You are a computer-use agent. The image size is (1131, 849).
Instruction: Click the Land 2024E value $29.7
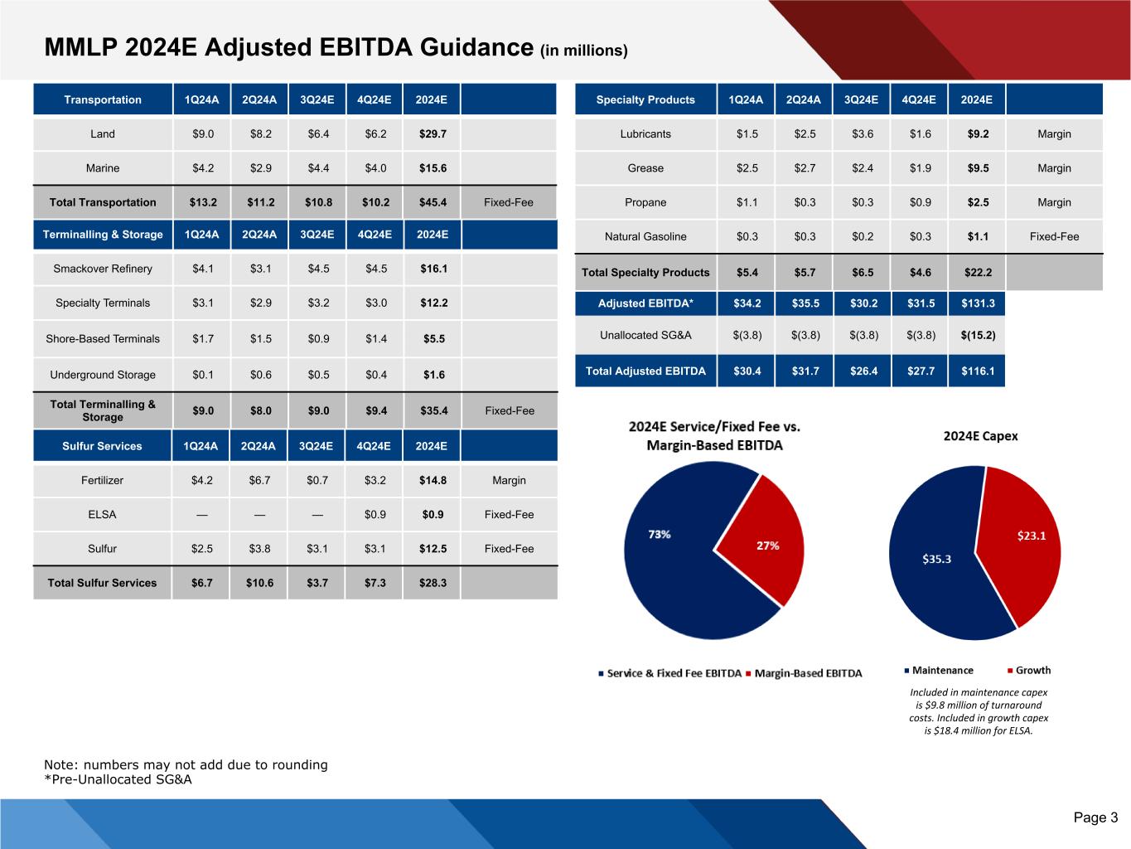coord(433,133)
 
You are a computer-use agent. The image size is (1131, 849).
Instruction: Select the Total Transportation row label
coord(103,202)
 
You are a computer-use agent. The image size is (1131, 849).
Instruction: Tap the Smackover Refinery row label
coord(103,269)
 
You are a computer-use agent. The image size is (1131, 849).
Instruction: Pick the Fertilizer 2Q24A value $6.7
coord(260,480)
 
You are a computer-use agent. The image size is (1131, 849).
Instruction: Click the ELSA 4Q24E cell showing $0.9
coord(375,514)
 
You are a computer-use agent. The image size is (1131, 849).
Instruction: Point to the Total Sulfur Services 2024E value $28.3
coord(433,583)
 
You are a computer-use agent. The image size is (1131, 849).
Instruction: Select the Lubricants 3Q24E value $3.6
coord(863,133)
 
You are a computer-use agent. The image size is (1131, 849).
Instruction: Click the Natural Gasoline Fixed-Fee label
coord(1054,236)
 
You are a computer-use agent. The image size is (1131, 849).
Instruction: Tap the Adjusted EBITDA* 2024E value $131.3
coord(978,303)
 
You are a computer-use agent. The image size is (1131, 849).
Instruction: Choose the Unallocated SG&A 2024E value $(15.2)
coord(978,336)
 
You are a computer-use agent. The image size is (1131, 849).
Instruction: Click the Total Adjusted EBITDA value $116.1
coord(978,371)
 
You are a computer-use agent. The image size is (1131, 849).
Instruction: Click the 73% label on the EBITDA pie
coord(660,535)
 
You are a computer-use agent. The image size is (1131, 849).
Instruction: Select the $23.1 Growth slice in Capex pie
coord(1027,539)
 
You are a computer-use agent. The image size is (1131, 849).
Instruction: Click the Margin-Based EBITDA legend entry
coord(807,673)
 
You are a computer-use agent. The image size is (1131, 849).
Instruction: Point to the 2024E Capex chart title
coord(980,436)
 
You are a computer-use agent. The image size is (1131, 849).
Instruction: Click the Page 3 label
coord(1095,817)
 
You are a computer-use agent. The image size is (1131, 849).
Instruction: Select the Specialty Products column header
coord(645,99)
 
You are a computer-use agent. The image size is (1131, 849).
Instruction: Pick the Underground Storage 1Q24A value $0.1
coord(203,375)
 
